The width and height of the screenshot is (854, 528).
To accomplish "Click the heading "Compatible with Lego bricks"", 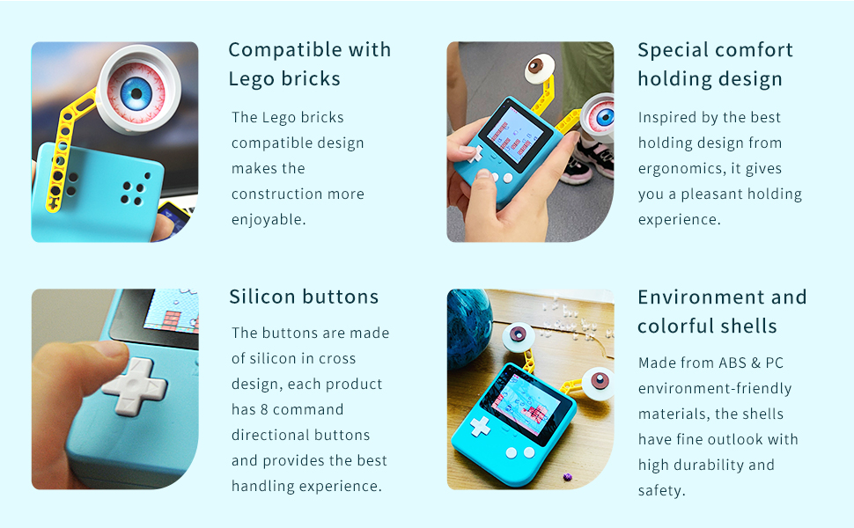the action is point(310,64).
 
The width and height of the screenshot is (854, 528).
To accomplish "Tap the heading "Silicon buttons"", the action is point(304,297).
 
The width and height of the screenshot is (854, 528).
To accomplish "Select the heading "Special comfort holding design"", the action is point(715,64).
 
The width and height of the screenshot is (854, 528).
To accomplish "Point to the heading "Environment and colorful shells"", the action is point(722,312).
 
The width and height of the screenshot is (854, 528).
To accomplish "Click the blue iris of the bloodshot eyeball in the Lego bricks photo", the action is point(136,93).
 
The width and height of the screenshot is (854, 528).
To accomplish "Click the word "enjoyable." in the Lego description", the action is point(269,219).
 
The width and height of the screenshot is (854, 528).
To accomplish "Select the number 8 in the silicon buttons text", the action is point(264,409).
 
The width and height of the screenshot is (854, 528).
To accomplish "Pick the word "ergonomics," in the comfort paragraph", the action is point(682,169).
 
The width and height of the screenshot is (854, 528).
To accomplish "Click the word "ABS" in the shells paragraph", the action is point(732,363).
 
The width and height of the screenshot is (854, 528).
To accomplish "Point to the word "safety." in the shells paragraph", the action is point(662,490).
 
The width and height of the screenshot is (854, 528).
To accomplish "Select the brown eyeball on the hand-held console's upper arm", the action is point(539,68).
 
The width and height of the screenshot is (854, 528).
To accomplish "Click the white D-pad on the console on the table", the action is point(480,426).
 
